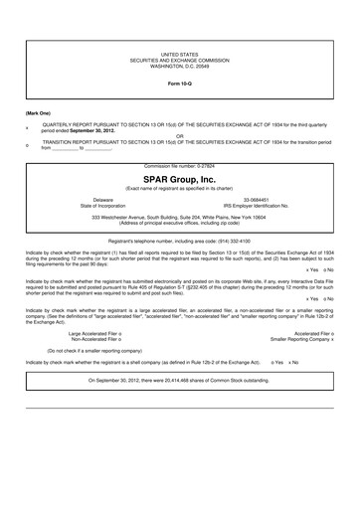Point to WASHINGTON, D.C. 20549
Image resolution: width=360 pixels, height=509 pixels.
click(x=179, y=62)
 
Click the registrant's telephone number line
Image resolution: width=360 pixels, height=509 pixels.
click(x=179, y=240)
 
